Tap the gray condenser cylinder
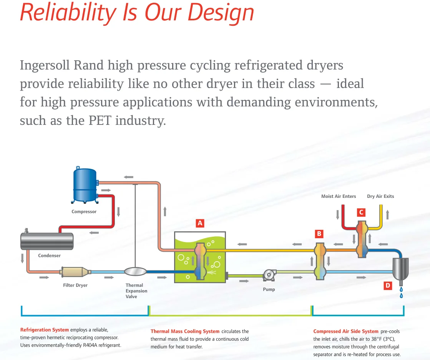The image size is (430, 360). [47, 241]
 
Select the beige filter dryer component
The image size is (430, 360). [75, 272]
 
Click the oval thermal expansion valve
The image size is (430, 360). [136, 272]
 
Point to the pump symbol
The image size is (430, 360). [269, 274]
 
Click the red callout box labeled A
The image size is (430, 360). [200, 223]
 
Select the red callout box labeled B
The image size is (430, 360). [319, 234]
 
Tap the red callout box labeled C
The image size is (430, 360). [361, 212]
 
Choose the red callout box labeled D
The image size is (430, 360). [388, 285]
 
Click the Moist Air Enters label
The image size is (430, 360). [339, 196]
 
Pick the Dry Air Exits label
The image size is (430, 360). [380, 196]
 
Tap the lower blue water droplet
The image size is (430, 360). [402, 295]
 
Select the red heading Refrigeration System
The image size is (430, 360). [45, 330]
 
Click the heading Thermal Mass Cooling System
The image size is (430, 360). [185, 331]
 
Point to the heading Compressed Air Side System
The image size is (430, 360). [346, 331]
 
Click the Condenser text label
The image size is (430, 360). [49, 255]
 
